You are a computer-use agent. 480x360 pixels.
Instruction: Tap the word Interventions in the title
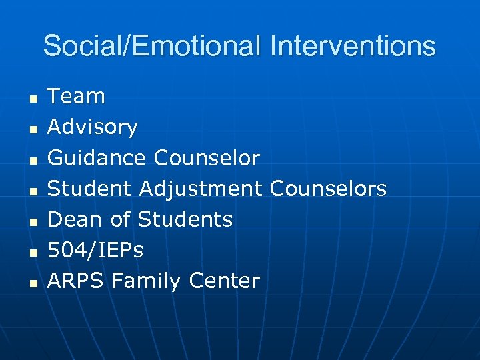tap(353, 47)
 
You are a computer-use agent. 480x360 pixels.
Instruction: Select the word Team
tap(76, 97)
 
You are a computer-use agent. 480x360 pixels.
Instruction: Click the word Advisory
tap(93, 127)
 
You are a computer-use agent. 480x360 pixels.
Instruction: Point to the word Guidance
tap(97, 158)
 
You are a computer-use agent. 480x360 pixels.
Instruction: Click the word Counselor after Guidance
tap(207, 158)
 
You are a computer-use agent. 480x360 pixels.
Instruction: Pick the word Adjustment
tap(201, 189)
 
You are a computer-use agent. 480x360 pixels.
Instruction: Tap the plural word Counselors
tap(328, 189)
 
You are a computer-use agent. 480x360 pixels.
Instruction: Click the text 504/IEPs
tap(95, 250)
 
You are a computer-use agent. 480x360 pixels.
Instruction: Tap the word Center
tap(224, 281)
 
